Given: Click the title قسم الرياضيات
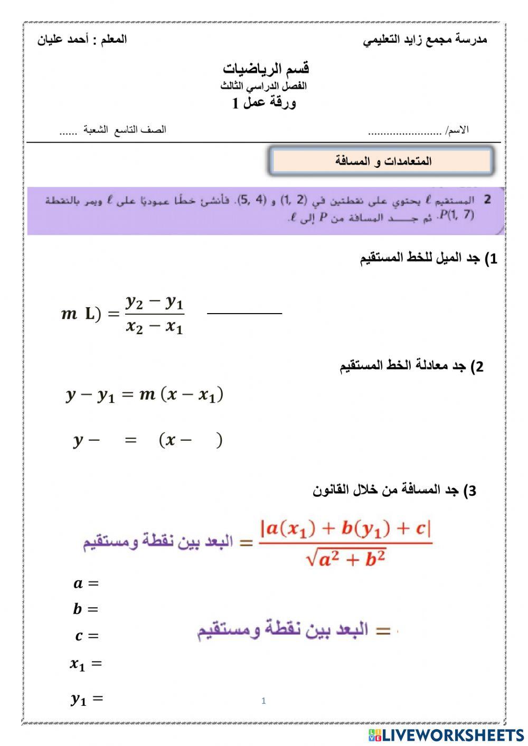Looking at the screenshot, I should [266, 69].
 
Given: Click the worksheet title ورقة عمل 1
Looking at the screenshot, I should [265, 103].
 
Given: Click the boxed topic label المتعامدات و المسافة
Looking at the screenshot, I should [383, 161].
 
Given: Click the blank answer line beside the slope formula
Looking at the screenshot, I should [244, 314].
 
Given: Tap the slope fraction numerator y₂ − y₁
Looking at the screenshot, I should [155, 303].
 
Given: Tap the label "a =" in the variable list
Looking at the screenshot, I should [86, 583].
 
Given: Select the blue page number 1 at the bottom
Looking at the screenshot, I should [263, 701].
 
